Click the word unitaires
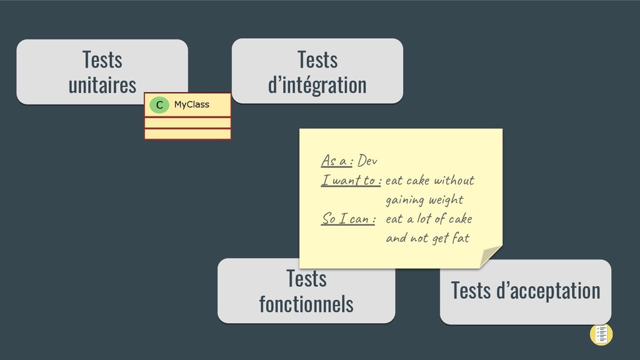[x=102, y=84]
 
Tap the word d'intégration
[x=317, y=84]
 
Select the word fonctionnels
[x=306, y=304]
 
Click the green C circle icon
[x=159, y=105]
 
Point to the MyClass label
[x=191, y=104]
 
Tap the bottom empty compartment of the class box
[x=187, y=134]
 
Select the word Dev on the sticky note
[x=367, y=161]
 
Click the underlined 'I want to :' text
[x=351, y=181]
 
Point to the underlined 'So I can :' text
[x=348, y=219]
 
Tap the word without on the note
[x=454, y=181]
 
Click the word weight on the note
[x=446, y=200]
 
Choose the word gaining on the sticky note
[x=405, y=200]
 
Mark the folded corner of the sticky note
[x=489, y=256]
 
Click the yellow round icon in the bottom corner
[x=601, y=334]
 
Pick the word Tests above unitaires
[x=102, y=60]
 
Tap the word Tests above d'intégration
[x=317, y=60]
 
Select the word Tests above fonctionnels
[x=306, y=279]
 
